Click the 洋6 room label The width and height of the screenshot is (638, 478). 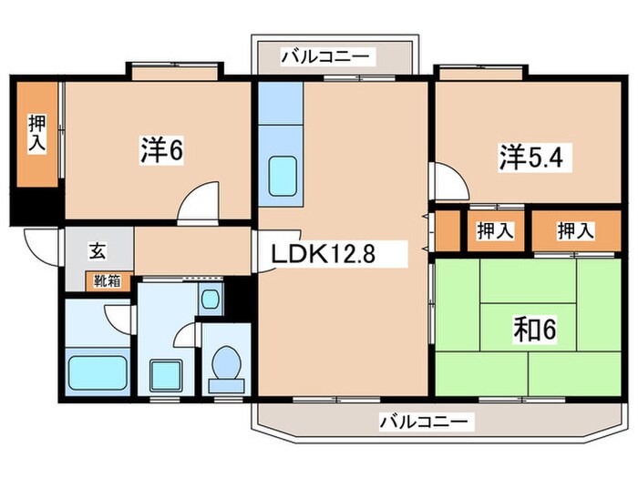[x=162, y=151]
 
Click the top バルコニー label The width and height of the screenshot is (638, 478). [x=325, y=56]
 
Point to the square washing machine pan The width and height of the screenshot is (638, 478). [x=165, y=374]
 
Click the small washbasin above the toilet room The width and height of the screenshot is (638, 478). [x=211, y=297]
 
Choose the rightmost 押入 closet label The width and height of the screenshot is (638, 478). [x=576, y=230]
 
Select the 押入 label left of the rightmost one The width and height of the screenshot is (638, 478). [x=495, y=230]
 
